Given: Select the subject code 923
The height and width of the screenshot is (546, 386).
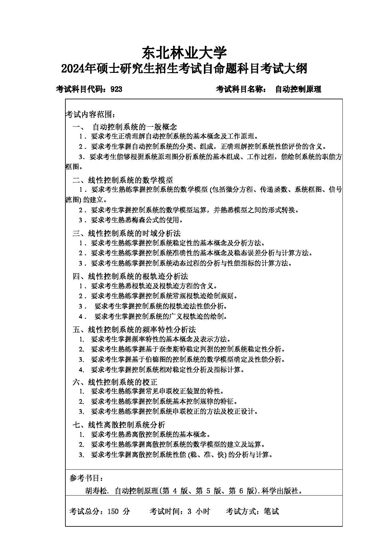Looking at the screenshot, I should tap(116, 90).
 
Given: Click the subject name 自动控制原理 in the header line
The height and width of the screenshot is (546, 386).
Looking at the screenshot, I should tap(298, 90).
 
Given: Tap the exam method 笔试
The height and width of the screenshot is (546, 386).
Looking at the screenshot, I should tap(271, 511).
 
